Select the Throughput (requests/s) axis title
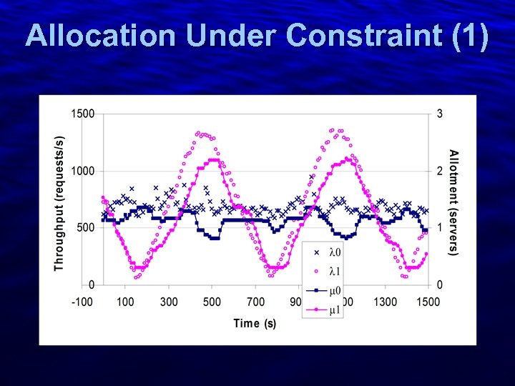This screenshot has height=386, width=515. pyautogui.click(x=59, y=203)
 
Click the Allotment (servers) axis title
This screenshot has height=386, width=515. pyautogui.click(x=453, y=203)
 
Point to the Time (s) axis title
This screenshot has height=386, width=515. pyautogui.click(x=254, y=324)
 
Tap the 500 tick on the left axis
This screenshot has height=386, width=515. pyautogui.click(x=85, y=227)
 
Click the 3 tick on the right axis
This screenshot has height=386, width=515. pyautogui.click(x=439, y=114)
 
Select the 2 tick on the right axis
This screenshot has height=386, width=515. pyautogui.click(x=439, y=171)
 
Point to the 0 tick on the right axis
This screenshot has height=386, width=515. pyautogui.click(x=439, y=284)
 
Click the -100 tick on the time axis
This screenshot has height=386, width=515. pyautogui.click(x=82, y=302)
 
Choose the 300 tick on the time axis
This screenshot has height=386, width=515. pyautogui.click(x=169, y=302)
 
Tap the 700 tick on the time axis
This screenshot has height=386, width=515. pyautogui.click(x=255, y=302)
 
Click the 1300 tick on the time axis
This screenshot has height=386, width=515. pyautogui.click(x=386, y=302)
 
